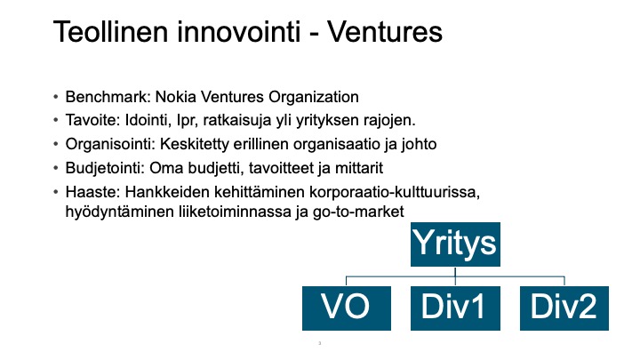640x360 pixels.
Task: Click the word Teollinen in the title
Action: (x=110, y=32)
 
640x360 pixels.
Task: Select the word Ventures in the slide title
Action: (x=385, y=32)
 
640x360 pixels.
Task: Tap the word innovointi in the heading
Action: (x=239, y=32)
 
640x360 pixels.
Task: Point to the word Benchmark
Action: (x=108, y=97)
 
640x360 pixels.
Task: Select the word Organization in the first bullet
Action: (x=314, y=97)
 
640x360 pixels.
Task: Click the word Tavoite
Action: (x=92, y=120)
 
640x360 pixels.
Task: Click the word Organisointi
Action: (x=110, y=144)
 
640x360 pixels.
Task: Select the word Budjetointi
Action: (x=105, y=168)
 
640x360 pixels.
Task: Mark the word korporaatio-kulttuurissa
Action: (x=395, y=192)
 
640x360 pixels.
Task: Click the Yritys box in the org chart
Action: (x=455, y=244)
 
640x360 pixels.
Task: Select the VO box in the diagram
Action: (x=347, y=308)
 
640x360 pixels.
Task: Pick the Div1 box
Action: (x=455, y=308)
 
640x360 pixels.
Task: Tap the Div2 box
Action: (x=564, y=308)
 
